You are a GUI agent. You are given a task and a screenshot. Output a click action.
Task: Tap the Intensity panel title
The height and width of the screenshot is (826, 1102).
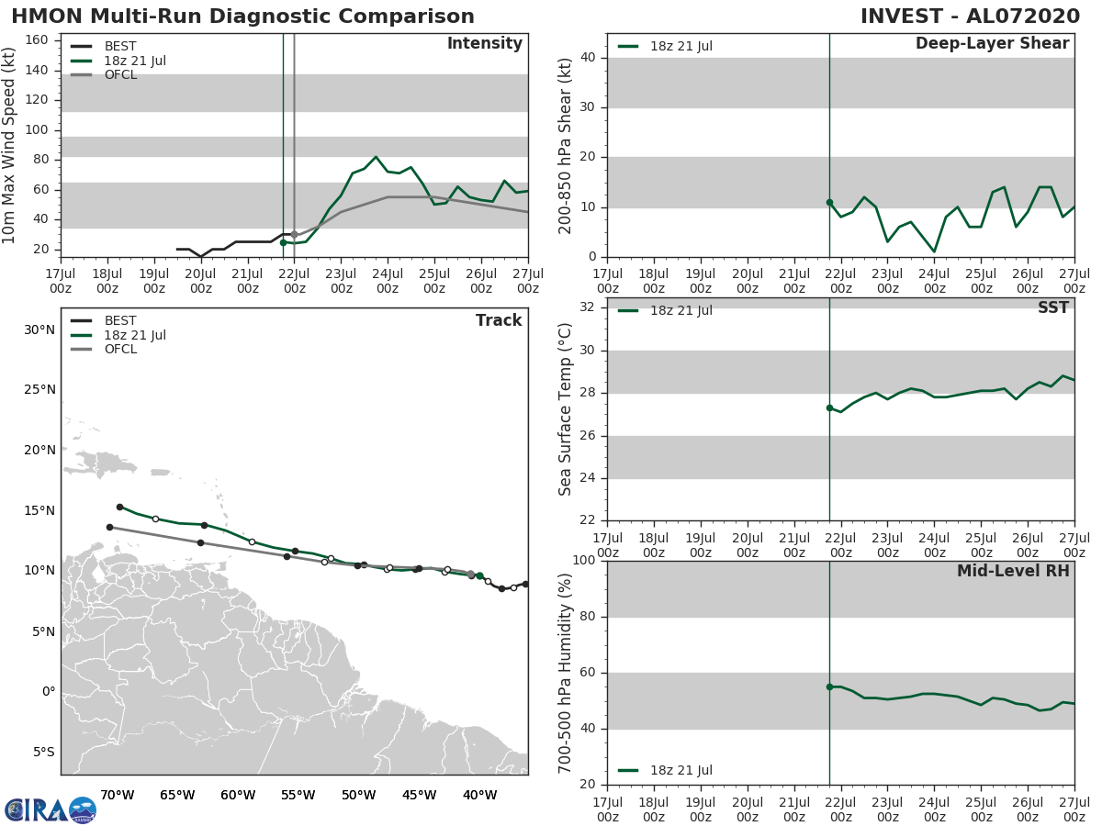[x=484, y=44]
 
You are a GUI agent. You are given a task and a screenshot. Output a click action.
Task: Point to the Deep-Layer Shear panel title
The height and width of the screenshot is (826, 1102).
[x=992, y=44]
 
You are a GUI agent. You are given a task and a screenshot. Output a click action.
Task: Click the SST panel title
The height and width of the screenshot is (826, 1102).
[x=1052, y=308]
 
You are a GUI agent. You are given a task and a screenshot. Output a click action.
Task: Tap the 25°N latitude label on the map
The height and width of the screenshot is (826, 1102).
[x=39, y=390]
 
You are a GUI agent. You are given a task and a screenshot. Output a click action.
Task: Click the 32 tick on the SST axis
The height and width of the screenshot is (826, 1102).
[x=587, y=307]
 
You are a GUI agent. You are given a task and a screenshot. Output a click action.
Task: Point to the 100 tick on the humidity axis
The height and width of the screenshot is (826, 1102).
[x=583, y=561]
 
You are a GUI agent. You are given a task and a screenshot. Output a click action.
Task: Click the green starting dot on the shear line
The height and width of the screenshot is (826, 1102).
[x=829, y=202]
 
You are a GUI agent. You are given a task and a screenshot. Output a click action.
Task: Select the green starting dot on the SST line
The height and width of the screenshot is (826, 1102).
[x=829, y=407]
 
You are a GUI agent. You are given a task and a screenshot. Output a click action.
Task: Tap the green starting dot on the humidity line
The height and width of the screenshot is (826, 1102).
[x=829, y=686]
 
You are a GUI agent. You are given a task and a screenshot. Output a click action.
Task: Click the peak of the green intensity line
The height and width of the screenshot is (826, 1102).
[x=376, y=157]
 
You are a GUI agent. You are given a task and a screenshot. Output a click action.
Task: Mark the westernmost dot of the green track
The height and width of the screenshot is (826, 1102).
[x=119, y=507]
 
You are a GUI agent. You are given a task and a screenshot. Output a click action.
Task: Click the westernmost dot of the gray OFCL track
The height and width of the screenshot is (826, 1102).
[x=109, y=527]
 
